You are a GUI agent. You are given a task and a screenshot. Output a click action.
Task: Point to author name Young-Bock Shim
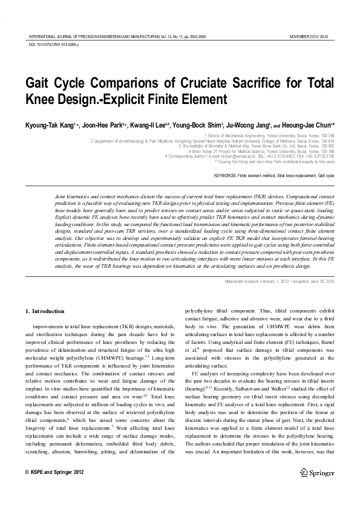pyautogui.click(x=197, y=126)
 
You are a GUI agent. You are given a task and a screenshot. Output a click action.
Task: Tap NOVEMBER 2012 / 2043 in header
pyautogui.click(x=311, y=37)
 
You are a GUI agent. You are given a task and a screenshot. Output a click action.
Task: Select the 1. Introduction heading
pyautogui.click(x=44, y=311)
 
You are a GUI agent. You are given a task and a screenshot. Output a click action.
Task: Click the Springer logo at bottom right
pyautogui.click(x=320, y=472)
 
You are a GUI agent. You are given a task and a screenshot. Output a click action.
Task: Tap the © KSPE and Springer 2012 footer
pyautogui.click(x=54, y=472)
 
